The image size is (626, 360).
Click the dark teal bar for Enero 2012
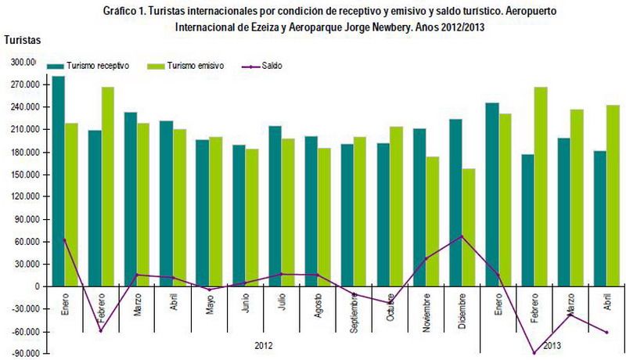58,181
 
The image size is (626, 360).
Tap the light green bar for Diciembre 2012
469,227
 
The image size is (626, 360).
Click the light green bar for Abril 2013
613,196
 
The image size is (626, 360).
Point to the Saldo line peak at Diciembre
462,236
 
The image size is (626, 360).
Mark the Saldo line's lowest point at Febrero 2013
534,353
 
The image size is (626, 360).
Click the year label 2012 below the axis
264,344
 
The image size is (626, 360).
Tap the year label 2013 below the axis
552,344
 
